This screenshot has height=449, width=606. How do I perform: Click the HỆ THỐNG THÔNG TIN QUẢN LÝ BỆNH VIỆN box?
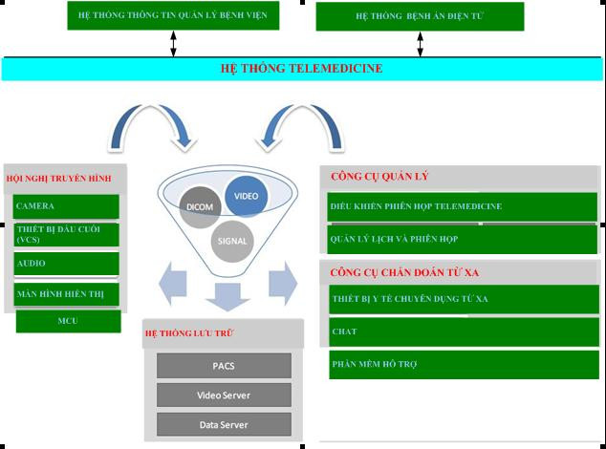(x=173, y=15)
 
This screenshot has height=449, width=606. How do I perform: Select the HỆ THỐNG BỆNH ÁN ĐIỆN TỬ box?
(x=420, y=16)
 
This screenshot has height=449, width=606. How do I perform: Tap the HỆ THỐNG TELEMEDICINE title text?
(x=302, y=69)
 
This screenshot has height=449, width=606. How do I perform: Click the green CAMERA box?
(x=66, y=206)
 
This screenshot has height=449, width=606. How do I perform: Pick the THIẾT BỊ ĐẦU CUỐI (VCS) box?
(x=66, y=234)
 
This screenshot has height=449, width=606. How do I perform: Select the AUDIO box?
(x=66, y=264)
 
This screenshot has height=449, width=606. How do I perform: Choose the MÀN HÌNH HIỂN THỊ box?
(x=66, y=293)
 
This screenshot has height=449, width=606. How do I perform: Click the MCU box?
(x=68, y=321)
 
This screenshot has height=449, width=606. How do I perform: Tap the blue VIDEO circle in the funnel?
(x=247, y=196)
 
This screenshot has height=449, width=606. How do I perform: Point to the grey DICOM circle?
(x=200, y=207)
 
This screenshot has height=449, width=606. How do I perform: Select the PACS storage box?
(x=224, y=366)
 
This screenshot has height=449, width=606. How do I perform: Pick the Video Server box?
(x=224, y=396)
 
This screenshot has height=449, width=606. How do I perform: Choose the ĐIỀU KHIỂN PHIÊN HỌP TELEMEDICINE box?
(x=463, y=206)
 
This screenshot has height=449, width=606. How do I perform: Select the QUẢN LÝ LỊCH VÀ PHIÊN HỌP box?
(x=463, y=239)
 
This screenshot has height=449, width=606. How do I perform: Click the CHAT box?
(x=463, y=331)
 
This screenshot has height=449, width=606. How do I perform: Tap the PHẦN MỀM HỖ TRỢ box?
(x=463, y=364)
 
